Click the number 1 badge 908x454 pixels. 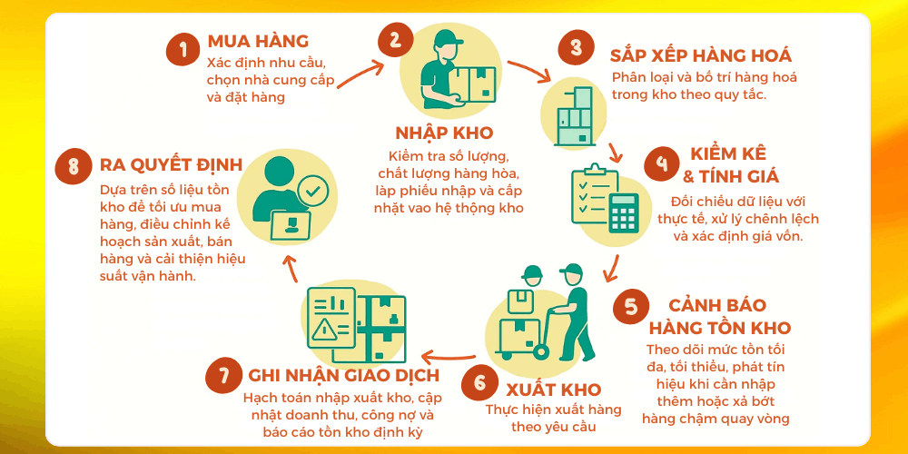tap(183, 49)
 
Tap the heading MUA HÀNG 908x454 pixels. tap(258, 41)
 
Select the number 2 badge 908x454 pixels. tap(395, 39)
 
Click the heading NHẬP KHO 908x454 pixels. tap(445, 133)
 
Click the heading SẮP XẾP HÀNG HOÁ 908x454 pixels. tap(700, 55)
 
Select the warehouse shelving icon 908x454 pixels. tap(570, 117)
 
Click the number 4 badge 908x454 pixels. tap(662, 164)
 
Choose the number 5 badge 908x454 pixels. tap(630, 307)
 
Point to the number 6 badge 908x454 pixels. tap(479, 382)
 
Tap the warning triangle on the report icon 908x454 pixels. tap(325, 331)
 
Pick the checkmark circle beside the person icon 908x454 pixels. tap(312, 192)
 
